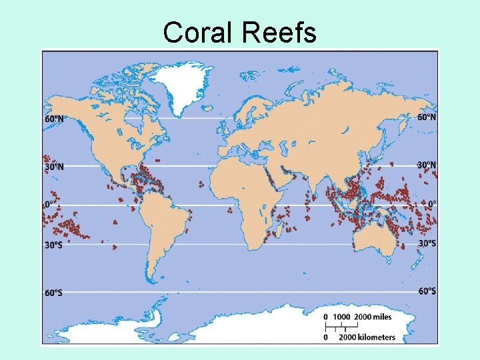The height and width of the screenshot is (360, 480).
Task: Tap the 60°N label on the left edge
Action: point(55,119)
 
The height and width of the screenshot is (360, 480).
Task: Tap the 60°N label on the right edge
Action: point(427,117)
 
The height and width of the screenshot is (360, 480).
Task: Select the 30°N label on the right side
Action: point(427,165)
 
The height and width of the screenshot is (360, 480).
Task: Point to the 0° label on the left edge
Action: point(50,205)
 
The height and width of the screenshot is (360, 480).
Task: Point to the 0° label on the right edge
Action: point(432,203)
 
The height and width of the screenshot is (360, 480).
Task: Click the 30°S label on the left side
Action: point(54,245)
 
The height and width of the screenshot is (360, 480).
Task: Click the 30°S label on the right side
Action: point(427,244)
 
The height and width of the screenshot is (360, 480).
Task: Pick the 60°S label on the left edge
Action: point(54,293)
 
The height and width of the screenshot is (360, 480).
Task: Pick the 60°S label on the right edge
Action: point(427,291)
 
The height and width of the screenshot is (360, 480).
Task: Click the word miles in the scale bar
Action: point(383,317)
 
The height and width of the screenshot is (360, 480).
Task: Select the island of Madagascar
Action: point(273,231)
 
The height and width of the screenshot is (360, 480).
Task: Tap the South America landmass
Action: point(163,220)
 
